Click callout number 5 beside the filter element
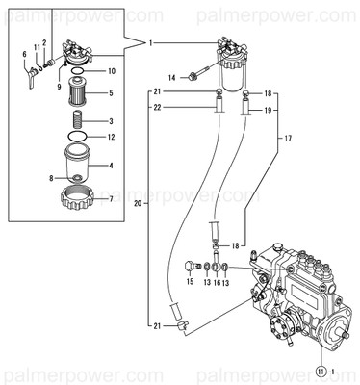click(112, 93)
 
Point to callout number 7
click(112, 200)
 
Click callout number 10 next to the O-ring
click(112, 71)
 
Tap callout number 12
click(112, 137)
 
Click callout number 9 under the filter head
click(59, 86)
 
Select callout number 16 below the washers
click(218, 283)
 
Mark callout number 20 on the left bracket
click(139, 205)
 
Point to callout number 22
click(157, 108)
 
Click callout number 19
click(269, 110)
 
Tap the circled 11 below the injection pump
click(319, 369)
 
